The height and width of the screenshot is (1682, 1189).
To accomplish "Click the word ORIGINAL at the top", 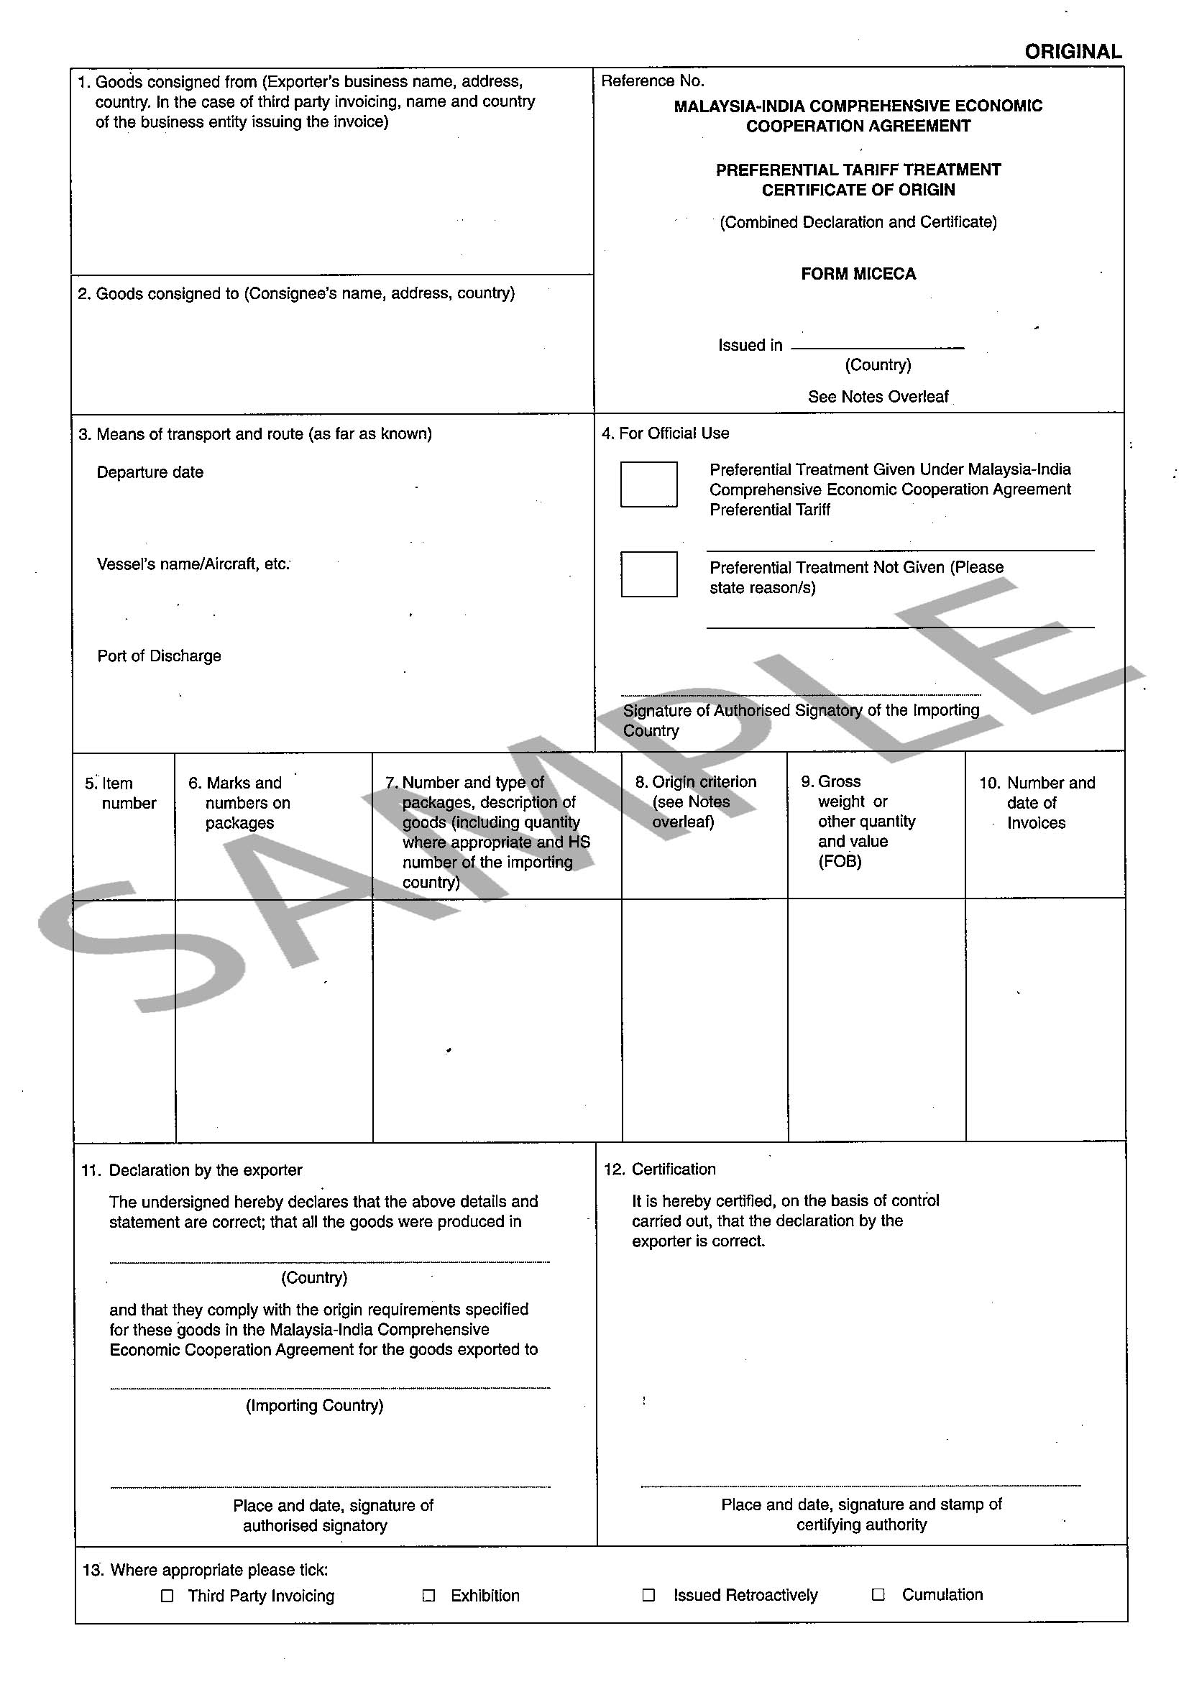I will pos(1073,52).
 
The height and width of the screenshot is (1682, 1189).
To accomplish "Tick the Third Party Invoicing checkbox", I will pos(167,1596).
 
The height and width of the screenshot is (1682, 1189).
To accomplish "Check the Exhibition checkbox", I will pos(429,1596).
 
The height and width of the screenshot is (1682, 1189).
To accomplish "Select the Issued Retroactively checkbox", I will pos(648,1595).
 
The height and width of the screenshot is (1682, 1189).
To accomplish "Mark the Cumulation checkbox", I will pos(878,1594).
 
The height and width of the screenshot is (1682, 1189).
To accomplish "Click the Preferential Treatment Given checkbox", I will pos(648,484).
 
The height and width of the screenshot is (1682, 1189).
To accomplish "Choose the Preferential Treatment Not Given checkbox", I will pos(648,574).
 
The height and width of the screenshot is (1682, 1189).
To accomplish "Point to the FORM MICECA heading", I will pos(858,274).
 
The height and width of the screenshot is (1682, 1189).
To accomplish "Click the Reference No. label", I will pos(652,81).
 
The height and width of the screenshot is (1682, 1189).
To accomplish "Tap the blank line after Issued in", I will pos(877,346).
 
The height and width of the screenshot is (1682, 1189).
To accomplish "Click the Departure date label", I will pos(150,472).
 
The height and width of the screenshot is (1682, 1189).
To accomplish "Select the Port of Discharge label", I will pos(159,656).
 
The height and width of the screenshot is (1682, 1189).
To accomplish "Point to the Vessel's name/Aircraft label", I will pos(193,564).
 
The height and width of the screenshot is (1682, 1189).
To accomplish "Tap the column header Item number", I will pos(121,794).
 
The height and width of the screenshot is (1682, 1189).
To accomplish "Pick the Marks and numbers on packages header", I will pos(242,803).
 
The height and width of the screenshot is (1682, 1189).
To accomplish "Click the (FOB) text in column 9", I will pos(840,862).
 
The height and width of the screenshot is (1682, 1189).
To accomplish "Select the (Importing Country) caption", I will pos(314,1405).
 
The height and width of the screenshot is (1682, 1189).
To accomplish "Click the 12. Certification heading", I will pos(660,1169).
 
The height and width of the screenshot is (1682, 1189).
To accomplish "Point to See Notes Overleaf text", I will pos(878,397).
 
